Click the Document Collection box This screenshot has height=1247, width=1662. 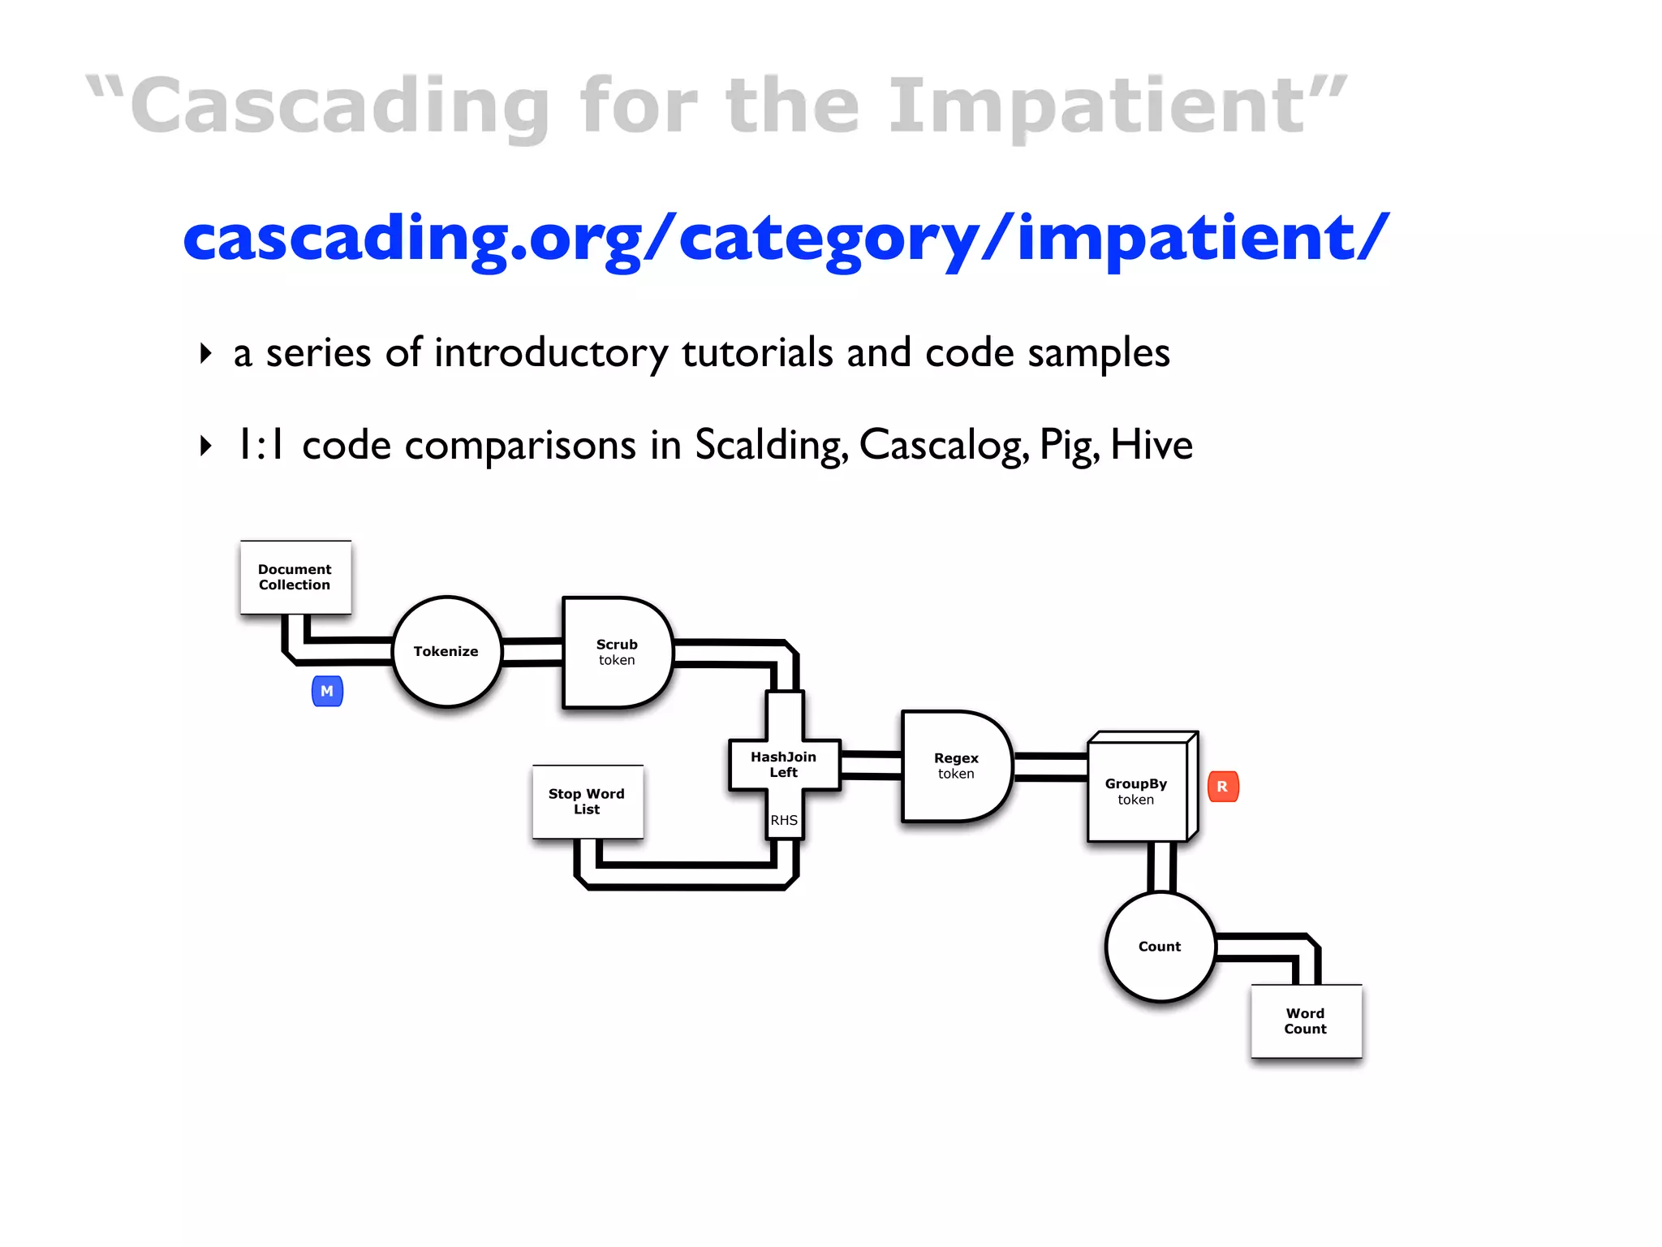(x=295, y=577)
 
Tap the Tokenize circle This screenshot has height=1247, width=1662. (x=446, y=652)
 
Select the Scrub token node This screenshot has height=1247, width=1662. (x=617, y=652)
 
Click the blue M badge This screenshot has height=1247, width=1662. (x=327, y=691)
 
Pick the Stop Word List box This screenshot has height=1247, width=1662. (x=587, y=801)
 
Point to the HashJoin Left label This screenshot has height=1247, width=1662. (x=783, y=764)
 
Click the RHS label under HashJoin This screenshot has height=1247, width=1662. (x=784, y=820)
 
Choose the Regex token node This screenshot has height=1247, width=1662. (x=956, y=766)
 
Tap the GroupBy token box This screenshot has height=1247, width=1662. (x=1136, y=791)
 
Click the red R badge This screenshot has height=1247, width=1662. (x=1223, y=787)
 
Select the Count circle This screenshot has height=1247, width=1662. (x=1160, y=947)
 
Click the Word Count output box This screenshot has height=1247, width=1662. (x=1306, y=1020)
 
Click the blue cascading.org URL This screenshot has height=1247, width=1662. (x=786, y=239)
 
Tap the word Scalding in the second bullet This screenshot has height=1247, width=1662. (x=771, y=445)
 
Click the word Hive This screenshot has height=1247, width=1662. (x=1152, y=445)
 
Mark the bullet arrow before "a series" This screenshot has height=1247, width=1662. (x=206, y=353)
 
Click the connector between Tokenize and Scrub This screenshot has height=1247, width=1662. (x=532, y=652)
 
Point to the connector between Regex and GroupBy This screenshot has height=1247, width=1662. (x=1051, y=766)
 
